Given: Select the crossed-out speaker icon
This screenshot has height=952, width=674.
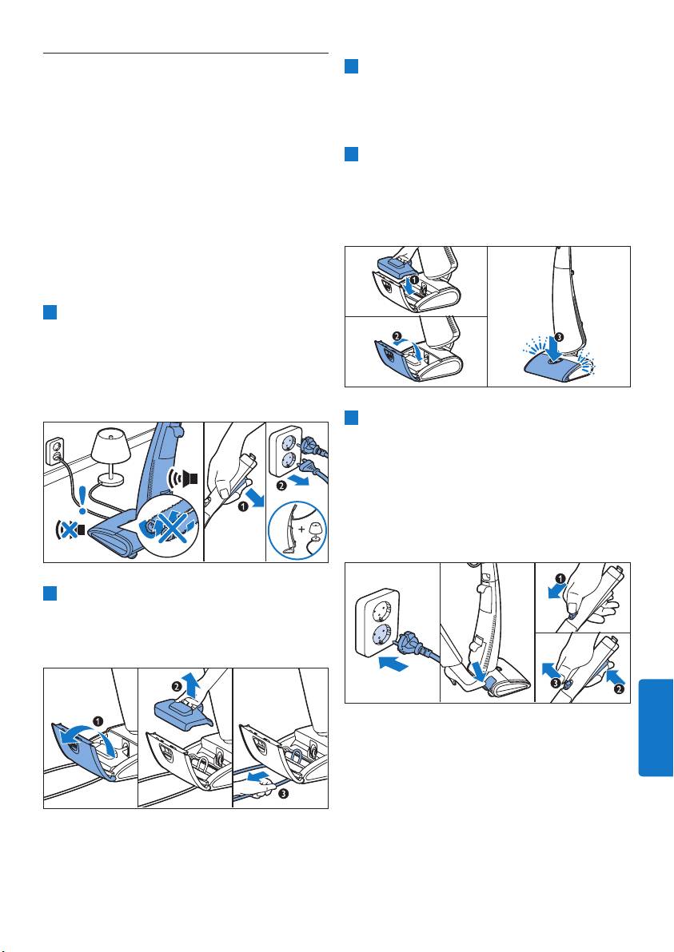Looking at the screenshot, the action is [x=68, y=529].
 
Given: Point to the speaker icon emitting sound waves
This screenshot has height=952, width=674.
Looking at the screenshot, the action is [x=183, y=478].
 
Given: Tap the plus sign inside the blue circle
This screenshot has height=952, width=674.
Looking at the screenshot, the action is [x=302, y=530].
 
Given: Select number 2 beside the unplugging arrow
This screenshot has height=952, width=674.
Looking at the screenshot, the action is [x=280, y=485].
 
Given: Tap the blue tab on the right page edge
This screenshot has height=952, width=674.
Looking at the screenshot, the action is [x=656, y=728].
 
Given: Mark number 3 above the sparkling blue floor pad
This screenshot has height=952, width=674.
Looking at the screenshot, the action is [x=559, y=336].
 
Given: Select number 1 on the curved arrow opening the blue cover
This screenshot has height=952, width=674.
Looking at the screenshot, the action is [x=98, y=722].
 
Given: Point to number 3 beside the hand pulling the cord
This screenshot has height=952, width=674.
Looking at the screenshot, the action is [x=284, y=794].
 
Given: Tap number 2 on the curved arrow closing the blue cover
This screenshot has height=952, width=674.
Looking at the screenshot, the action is [x=397, y=335].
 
